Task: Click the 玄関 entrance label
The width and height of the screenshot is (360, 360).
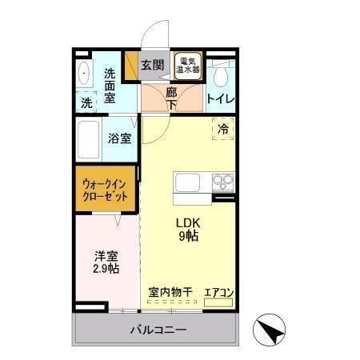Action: click(152, 65)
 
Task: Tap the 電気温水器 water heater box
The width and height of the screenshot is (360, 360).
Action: click(190, 66)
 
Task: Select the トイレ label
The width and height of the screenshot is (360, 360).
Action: click(220, 99)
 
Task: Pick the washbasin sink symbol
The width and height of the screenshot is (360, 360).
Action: click(86, 73)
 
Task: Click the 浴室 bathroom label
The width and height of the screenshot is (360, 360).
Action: click(120, 138)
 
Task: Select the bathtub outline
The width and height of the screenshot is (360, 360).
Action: click(92, 141)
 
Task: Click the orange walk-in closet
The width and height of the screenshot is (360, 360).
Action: click(104, 190)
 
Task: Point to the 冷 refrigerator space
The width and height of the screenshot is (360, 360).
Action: click(223, 128)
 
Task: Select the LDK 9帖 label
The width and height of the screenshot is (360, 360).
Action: click(187, 230)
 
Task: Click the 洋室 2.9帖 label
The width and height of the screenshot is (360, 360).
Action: click(106, 262)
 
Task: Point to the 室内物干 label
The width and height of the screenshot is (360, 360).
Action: click(170, 292)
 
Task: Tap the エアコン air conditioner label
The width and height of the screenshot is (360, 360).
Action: click(218, 292)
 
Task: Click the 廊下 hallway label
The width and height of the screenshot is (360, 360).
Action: click(171, 98)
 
